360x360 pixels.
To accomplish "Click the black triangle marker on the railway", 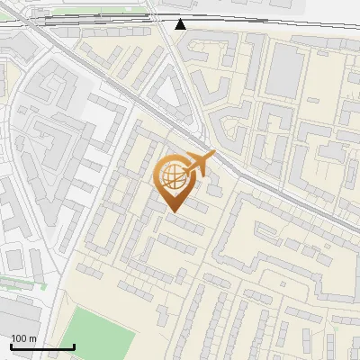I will pos(181,23).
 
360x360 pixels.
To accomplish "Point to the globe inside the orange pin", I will pos(174,177).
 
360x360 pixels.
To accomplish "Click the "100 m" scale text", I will pos(23,338).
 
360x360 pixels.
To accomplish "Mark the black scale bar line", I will pos(42,346).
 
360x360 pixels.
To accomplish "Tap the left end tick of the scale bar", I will pos(12,346).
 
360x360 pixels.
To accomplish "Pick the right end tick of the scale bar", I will pos(74,346).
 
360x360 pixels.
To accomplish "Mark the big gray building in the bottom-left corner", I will pos(22,324).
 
